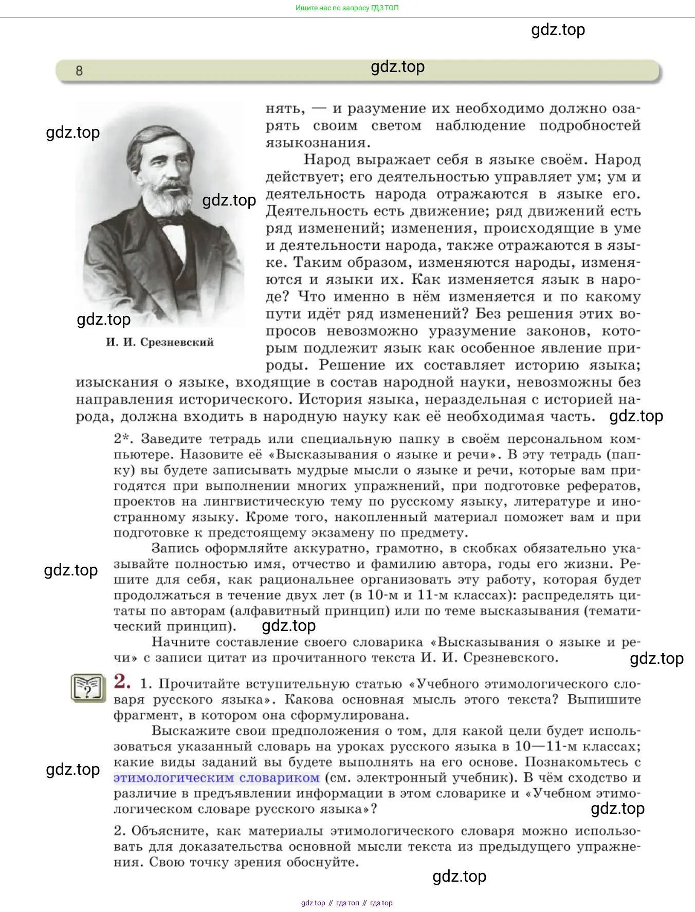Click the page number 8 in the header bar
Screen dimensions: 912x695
click(79, 71)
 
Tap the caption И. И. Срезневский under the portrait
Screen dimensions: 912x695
click(159, 342)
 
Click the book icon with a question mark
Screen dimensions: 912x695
click(88, 688)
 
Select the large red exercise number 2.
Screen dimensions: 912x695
click(122, 681)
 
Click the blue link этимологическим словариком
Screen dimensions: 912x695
click(216, 778)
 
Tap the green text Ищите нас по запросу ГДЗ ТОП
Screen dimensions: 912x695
click(347, 8)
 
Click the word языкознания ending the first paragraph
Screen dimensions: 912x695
click(318, 142)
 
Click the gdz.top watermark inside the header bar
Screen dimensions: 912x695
click(397, 67)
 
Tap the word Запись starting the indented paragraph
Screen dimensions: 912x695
click(174, 549)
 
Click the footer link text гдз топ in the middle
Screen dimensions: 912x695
click(348, 903)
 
